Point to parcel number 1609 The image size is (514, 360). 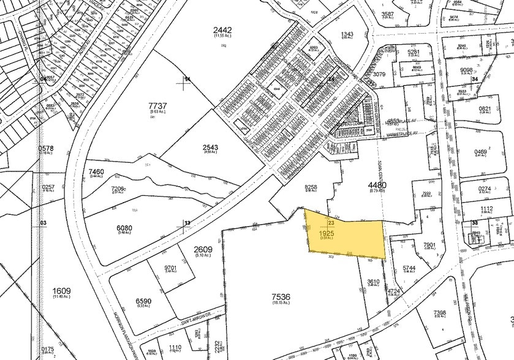click(x=62, y=291)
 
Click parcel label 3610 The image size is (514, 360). click(x=374, y=282)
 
